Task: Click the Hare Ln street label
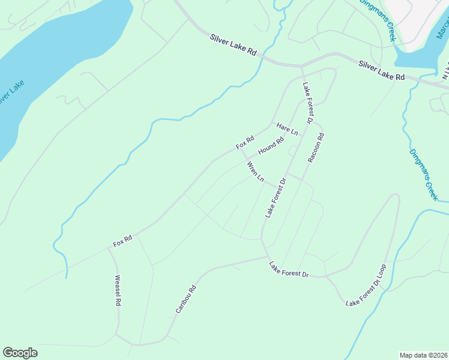[287, 129]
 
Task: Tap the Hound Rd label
[271, 146]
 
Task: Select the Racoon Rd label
[316, 148]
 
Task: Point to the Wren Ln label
[255, 171]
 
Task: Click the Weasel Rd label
[118, 292]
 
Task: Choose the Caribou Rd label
[186, 298]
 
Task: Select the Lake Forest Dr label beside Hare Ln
[309, 103]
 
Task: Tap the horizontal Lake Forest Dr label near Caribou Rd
[289, 269]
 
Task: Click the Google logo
[20, 353]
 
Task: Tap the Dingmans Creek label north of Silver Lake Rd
[378, 20]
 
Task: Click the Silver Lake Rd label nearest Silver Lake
[234, 46]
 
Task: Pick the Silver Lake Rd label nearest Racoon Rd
[382, 70]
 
